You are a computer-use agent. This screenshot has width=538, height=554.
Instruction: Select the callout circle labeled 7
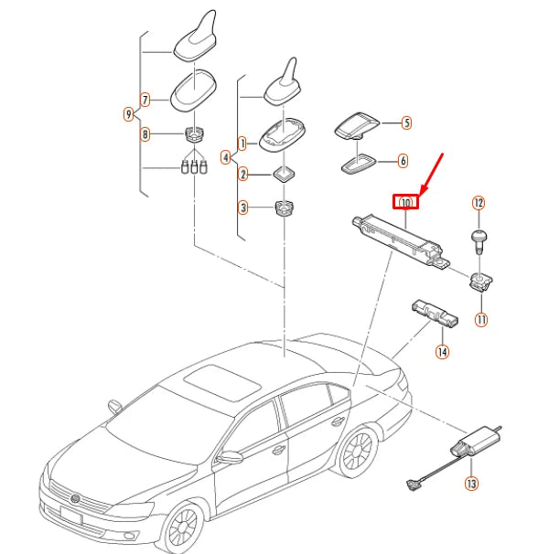click(x=145, y=99)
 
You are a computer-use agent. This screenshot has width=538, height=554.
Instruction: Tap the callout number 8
click(x=145, y=134)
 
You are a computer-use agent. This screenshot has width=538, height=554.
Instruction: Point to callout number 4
click(x=226, y=157)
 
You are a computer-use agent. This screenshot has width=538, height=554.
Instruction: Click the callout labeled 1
click(x=242, y=144)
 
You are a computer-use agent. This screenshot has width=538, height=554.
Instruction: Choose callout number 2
click(x=242, y=174)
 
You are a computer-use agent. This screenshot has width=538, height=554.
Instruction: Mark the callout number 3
click(x=242, y=208)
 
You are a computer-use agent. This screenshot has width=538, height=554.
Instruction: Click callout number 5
click(x=406, y=122)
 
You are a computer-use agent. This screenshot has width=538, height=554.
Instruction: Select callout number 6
click(x=403, y=160)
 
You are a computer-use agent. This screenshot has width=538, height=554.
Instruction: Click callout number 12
click(x=478, y=202)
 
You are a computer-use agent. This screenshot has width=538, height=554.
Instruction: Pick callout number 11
click(x=480, y=319)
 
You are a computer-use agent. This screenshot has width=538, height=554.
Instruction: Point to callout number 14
click(x=442, y=351)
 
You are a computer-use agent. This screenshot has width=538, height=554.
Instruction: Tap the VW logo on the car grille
click(x=76, y=498)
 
